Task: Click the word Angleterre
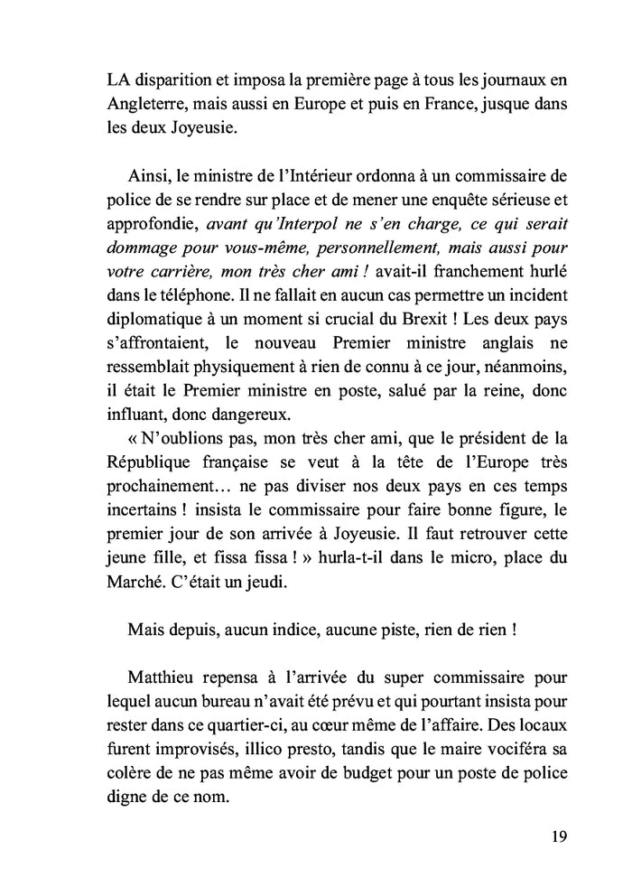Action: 148,104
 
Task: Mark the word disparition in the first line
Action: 181,80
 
